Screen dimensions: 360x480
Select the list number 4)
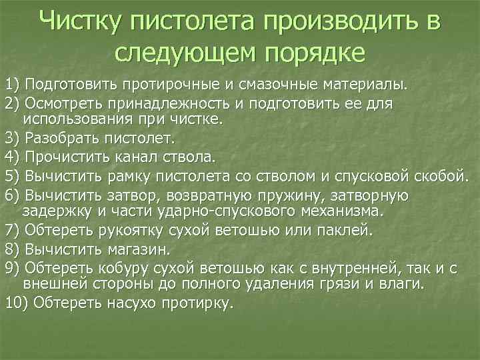13,157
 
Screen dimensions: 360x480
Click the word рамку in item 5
124,176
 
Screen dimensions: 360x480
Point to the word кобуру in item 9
122,267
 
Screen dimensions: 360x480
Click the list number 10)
15,302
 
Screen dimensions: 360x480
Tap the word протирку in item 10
198,302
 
